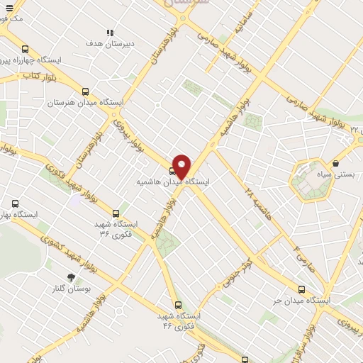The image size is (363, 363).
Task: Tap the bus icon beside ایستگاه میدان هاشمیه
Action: (x=172, y=171)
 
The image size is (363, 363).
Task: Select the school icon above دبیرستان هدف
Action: (x=110, y=33)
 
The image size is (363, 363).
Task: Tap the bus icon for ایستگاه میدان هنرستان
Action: (x=86, y=91)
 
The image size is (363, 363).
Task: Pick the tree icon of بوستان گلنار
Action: (x=70, y=277)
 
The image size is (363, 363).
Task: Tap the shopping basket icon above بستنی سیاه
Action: (x=335, y=163)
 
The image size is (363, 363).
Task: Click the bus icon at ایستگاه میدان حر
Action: (x=302, y=289)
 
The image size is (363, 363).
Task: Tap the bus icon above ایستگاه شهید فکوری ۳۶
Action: (x=116, y=213)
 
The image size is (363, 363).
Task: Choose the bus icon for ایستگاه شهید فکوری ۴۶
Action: (x=177, y=306)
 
